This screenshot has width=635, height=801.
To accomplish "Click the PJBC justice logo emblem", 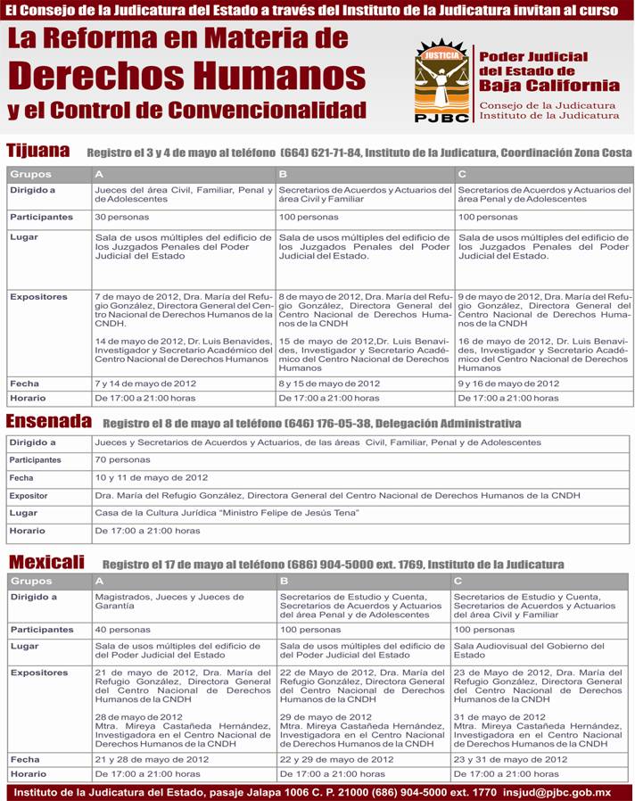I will click(x=441, y=80).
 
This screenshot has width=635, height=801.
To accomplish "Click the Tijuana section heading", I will click(x=37, y=151).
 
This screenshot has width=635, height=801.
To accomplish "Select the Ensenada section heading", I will click(x=49, y=421).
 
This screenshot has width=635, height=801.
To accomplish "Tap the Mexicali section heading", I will click(x=46, y=562).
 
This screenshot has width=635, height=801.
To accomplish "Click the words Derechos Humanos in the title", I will click(x=187, y=75).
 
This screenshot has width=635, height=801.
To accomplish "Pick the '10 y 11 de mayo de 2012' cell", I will click(x=152, y=478).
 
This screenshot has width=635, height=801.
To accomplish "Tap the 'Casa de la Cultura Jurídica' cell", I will click(x=227, y=513).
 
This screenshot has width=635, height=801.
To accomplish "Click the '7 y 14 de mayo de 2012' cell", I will click(x=145, y=384).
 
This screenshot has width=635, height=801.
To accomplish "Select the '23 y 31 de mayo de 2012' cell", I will click(x=510, y=759).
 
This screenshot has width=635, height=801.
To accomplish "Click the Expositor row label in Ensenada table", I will click(x=29, y=496).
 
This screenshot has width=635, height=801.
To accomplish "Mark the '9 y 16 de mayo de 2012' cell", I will click(x=508, y=384).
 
